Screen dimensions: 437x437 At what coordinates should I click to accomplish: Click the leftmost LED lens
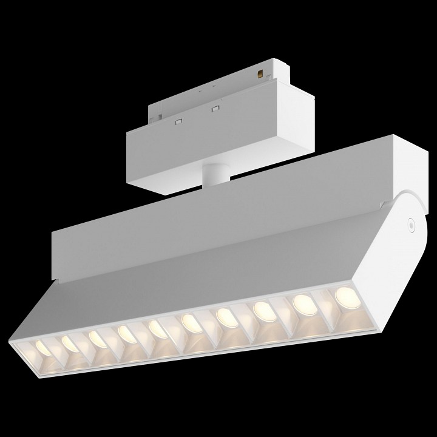pos(42,347)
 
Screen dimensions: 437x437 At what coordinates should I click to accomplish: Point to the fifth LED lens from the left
pos(157,328)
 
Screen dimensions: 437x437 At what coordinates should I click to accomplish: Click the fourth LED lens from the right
pos(225,316)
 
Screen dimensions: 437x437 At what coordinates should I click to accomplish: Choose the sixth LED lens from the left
pos(189,322)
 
